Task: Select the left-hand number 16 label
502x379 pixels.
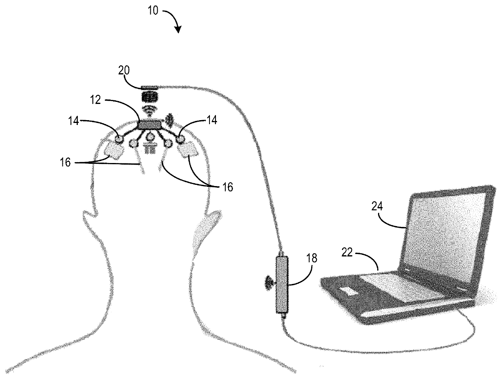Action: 66,163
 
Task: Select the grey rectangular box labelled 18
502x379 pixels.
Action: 282,284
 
